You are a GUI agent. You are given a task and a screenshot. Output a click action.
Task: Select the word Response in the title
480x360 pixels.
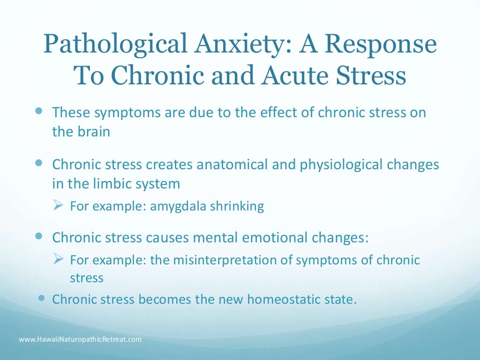coord(381,46)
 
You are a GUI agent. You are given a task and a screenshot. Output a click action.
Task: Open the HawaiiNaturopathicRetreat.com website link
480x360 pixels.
coord(80,339)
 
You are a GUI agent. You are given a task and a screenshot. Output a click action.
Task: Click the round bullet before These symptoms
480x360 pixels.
coord(39,112)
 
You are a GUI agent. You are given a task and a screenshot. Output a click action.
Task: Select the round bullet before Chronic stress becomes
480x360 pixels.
coord(42,298)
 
